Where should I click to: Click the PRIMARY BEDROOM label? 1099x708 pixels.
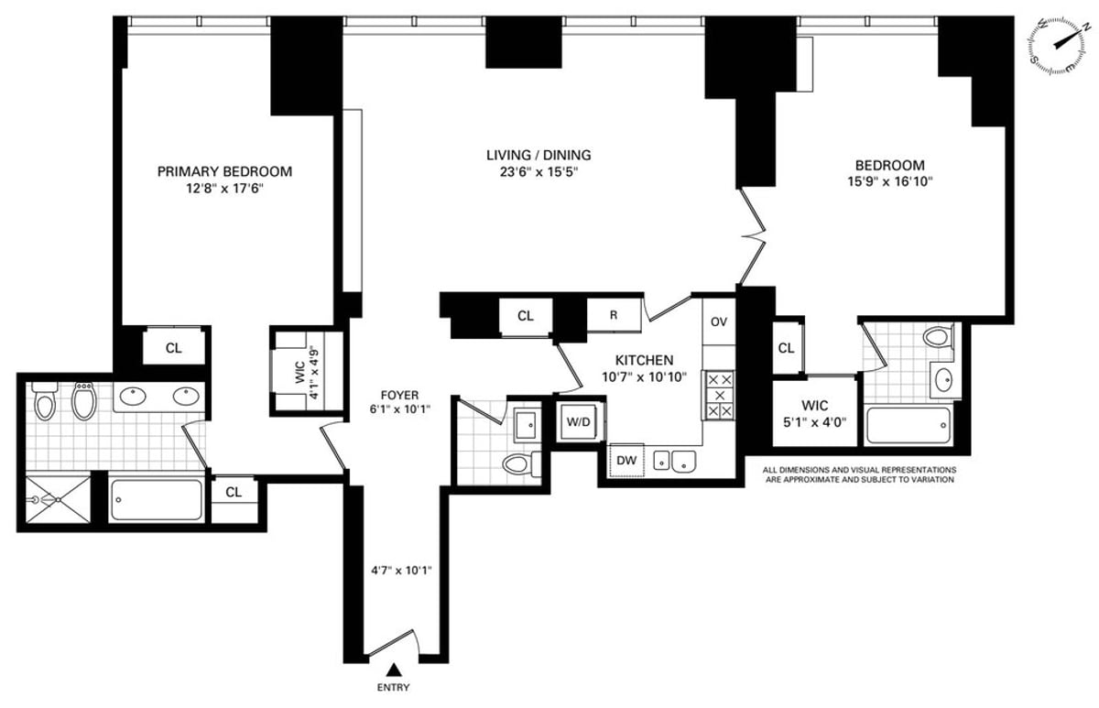pos(224,171)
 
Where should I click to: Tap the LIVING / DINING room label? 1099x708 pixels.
pos(539,155)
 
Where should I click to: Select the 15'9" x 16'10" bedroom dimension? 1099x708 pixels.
pos(890,182)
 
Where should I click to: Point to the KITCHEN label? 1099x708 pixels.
pos(644,361)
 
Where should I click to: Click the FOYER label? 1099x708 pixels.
pos(400,395)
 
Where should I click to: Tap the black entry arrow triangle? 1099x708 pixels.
pos(393,670)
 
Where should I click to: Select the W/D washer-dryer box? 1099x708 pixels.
pos(579,422)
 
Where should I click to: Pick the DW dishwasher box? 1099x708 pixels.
pos(626,460)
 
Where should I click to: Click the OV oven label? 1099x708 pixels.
pos(719,321)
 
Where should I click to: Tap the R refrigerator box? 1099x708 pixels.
pos(614,315)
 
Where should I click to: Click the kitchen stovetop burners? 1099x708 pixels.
pos(720,395)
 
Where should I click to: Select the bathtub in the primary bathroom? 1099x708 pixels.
pos(157,500)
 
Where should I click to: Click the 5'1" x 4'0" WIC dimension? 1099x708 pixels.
pos(815,422)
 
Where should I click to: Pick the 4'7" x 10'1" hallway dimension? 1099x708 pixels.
pos(401,571)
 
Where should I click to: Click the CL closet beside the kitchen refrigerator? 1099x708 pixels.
pos(526,317)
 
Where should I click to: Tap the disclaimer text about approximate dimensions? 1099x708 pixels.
pos(859,474)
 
